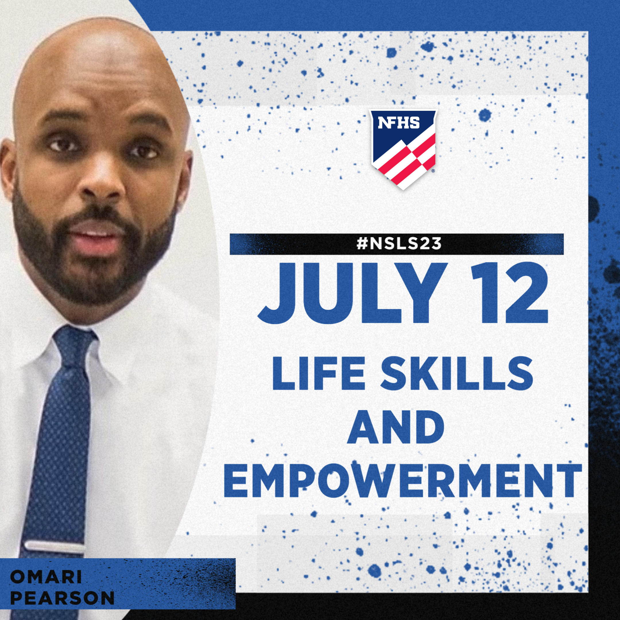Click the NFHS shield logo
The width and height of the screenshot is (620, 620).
click(x=403, y=150)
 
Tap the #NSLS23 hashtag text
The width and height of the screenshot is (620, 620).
click(x=399, y=244)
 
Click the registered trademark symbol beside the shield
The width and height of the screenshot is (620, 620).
click(x=433, y=171)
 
